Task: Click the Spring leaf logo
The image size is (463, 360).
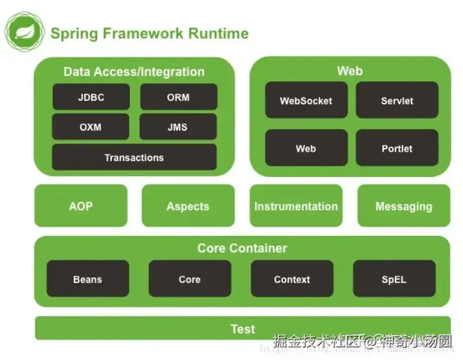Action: click(x=24, y=32)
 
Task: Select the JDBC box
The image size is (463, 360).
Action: click(x=91, y=98)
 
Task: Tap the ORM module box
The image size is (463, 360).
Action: click(x=178, y=98)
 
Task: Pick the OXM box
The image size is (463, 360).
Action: click(x=91, y=127)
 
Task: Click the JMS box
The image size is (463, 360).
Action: click(x=178, y=127)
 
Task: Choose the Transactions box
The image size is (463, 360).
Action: click(x=134, y=157)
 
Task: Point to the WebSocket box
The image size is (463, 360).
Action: click(x=306, y=101)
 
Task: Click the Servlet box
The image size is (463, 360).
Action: click(x=397, y=101)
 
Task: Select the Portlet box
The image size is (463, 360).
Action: click(x=397, y=148)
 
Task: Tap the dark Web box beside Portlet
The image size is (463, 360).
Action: click(x=306, y=148)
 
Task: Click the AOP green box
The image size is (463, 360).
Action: click(x=80, y=206)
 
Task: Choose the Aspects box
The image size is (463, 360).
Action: click(x=188, y=206)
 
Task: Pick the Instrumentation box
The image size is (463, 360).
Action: click(x=296, y=206)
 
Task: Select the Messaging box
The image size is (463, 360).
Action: click(x=404, y=206)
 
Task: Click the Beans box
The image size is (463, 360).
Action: click(x=87, y=280)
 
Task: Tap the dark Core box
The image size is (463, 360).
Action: click(x=190, y=280)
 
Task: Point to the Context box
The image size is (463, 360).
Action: click(x=292, y=280)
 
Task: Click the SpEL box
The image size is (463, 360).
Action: click(x=394, y=280)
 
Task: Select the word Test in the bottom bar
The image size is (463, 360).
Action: click(x=243, y=329)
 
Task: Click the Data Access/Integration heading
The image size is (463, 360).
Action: click(x=134, y=71)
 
